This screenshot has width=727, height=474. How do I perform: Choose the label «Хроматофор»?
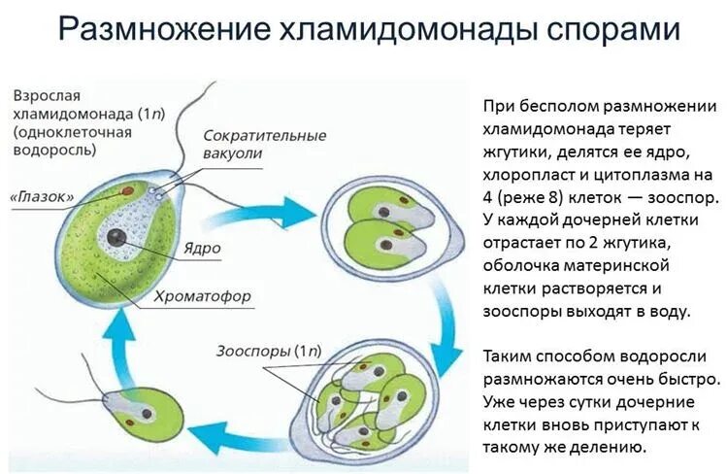[x=202, y=294]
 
